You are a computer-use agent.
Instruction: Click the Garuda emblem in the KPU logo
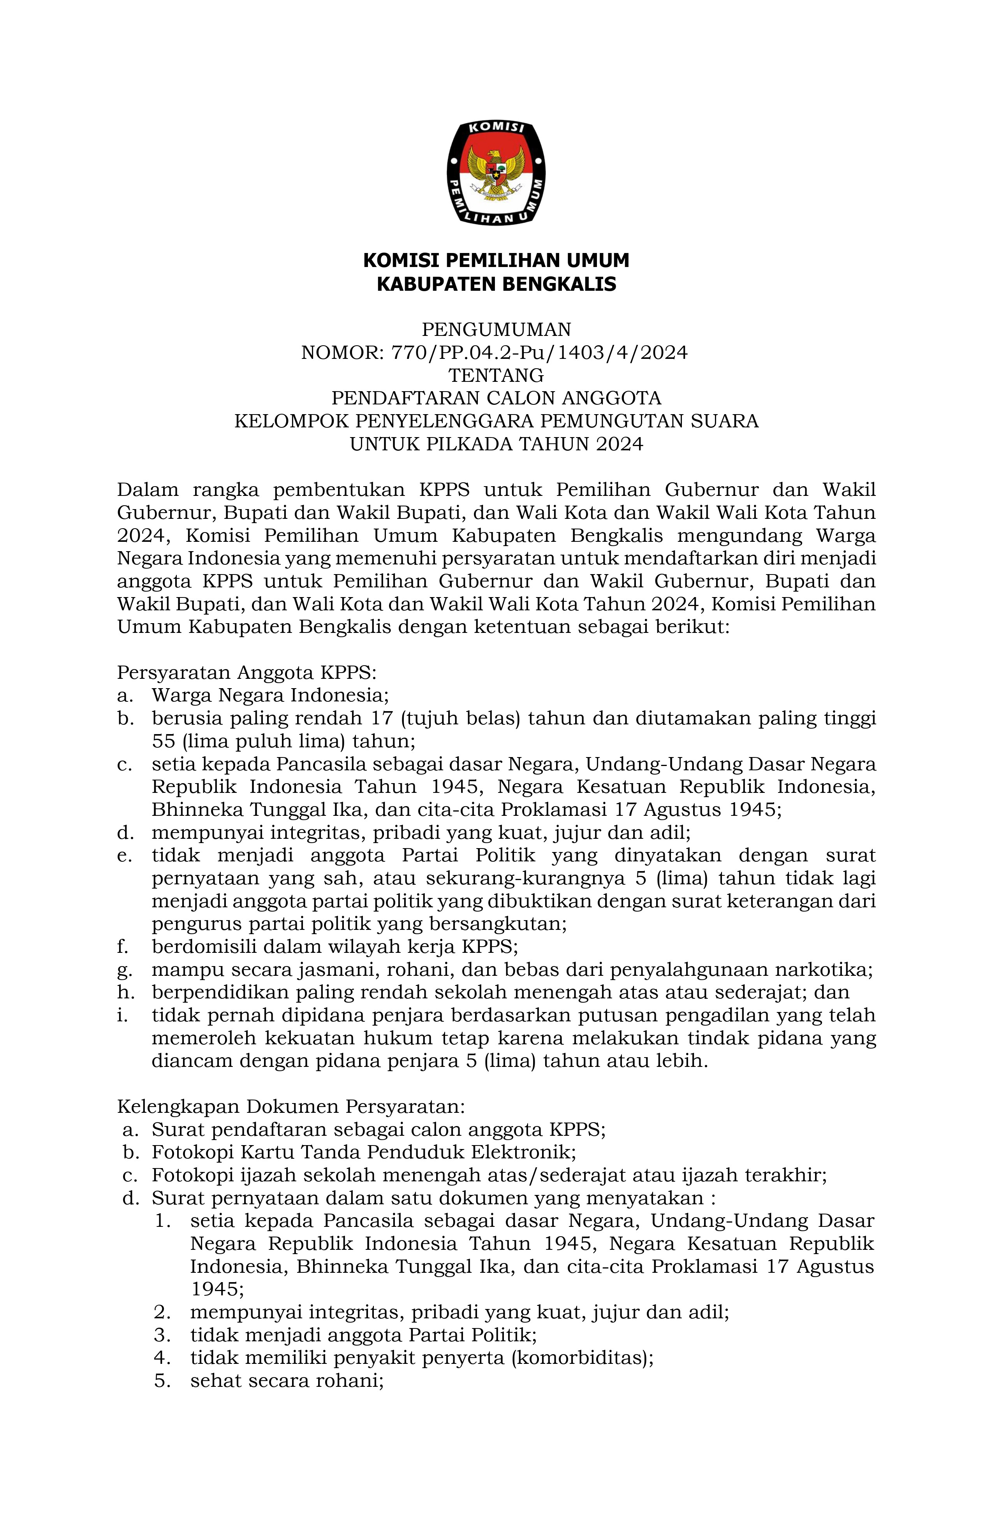pyautogui.click(x=496, y=170)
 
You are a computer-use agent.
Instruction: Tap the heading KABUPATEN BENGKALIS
pyautogui.click(x=496, y=284)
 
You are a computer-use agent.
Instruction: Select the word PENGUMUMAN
pyautogui.click(x=496, y=329)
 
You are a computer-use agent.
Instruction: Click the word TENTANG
pyautogui.click(x=496, y=375)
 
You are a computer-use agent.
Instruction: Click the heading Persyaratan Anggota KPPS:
pyautogui.click(x=247, y=672)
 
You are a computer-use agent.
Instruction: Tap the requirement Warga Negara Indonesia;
pyautogui.click(x=270, y=694)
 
